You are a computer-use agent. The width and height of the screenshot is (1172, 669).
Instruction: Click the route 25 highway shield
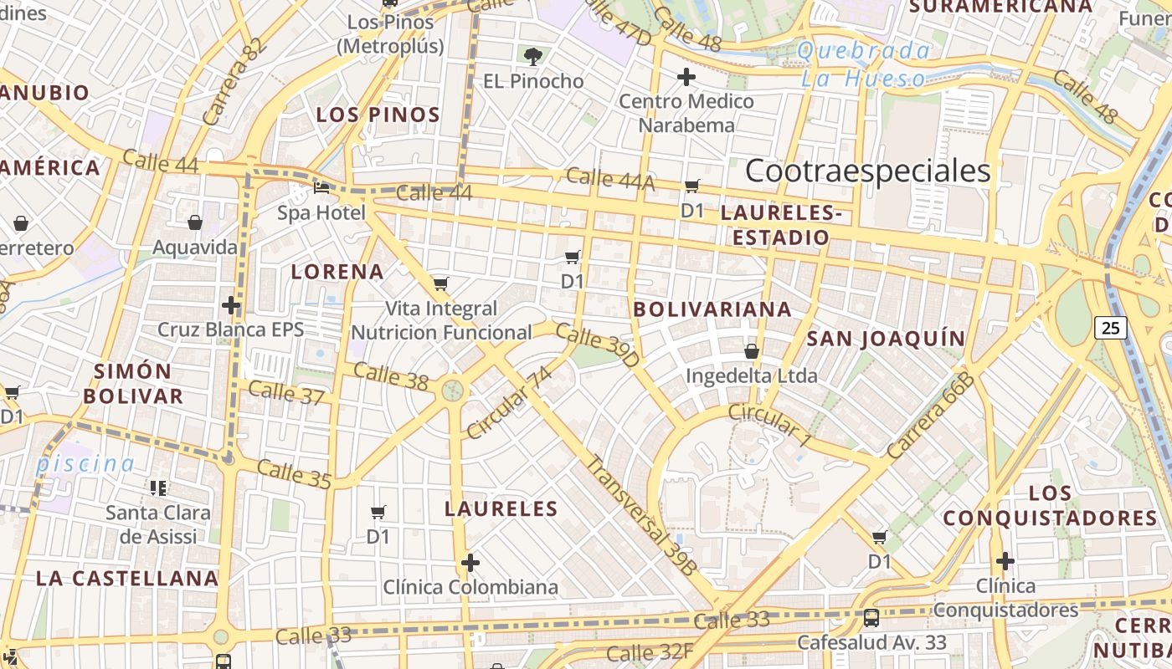[1110, 327]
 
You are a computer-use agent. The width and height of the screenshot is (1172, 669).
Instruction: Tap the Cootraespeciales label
[867, 171]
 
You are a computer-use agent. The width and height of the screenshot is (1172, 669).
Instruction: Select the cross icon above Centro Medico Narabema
[686, 78]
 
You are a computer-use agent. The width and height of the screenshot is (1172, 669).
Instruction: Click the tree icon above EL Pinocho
[532, 57]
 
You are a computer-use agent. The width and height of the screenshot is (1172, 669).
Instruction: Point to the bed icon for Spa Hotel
[321, 188]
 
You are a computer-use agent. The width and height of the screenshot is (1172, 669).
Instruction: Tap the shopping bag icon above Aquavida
[195, 222]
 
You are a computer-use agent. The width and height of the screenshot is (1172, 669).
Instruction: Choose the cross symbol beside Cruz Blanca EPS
[231, 305]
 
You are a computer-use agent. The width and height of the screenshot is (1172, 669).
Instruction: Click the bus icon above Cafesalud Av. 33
[871, 618]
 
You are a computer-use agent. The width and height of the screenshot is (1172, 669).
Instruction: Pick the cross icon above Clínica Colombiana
[470, 562]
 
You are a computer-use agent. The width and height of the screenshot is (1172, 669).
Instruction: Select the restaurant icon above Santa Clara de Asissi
[157, 488]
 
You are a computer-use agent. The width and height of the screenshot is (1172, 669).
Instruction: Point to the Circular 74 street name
[510, 402]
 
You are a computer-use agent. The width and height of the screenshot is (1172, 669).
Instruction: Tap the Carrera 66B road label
[931, 416]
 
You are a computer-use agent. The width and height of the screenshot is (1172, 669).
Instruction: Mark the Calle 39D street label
[597, 345]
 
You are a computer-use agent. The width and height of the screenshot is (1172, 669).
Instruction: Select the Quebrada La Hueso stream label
[864, 64]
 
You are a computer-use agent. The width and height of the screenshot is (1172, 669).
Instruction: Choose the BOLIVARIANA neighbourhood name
[712, 309]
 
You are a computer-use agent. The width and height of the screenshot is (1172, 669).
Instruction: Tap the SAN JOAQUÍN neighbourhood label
[886, 338]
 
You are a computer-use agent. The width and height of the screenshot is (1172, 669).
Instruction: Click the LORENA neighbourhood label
[337, 271]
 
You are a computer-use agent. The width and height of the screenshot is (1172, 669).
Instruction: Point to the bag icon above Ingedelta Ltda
[752, 351]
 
